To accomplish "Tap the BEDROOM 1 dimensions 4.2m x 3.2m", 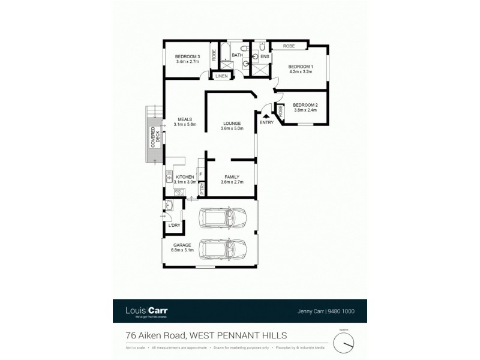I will (x=300, y=71).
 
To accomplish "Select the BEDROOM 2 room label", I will (x=305, y=105).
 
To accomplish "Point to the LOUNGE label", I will (x=232, y=122).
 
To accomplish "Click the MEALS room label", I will (x=182, y=119).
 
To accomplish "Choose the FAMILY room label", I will (x=232, y=176).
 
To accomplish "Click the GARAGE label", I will (x=182, y=245).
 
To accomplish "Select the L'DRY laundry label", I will (x=174, y=225).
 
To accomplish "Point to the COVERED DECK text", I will (x=153, y=137).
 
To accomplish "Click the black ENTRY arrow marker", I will (x=266, y=116).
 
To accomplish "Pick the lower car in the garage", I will (x=223, y=247).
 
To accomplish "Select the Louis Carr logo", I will (x=146, y=311).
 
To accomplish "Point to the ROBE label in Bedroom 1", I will (x=289, y=46).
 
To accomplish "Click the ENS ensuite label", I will (x=265, y=56).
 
